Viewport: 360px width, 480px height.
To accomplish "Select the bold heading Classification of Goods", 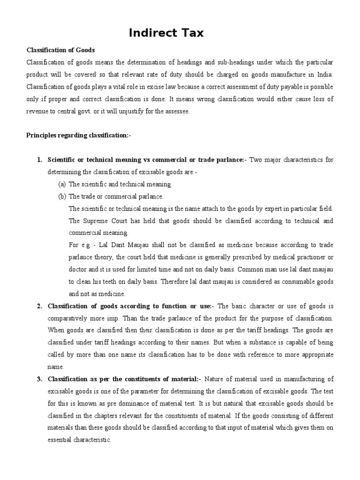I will [x=60, y=50].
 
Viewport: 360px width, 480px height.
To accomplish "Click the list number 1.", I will [x=39, y=160].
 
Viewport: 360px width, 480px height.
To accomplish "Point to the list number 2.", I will [x=39, y=306].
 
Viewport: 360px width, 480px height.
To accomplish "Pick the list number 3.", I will [x=39, y=379].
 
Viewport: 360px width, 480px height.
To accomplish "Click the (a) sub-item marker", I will [x=62, y=184].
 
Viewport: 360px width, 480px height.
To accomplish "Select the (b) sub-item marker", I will [x=62, y=196].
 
